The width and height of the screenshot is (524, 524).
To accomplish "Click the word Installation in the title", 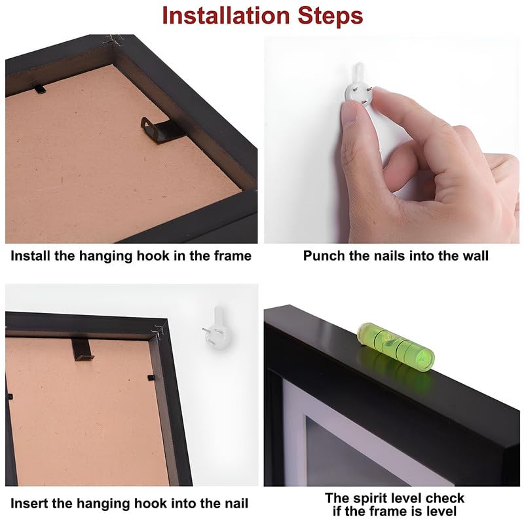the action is [x=225, y=15].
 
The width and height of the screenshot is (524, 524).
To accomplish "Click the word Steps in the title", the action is [x=330, y=16].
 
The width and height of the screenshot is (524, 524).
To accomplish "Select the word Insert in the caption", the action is [x=29, y=503].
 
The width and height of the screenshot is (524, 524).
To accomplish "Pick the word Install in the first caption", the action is [x=30, y=255].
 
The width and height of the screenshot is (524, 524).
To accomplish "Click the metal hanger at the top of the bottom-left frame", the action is [x=83, y=349].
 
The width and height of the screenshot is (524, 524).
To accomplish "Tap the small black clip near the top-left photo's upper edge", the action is [x=39, y=89].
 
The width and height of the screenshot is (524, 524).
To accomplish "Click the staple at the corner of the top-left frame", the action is [x=113, y=39].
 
